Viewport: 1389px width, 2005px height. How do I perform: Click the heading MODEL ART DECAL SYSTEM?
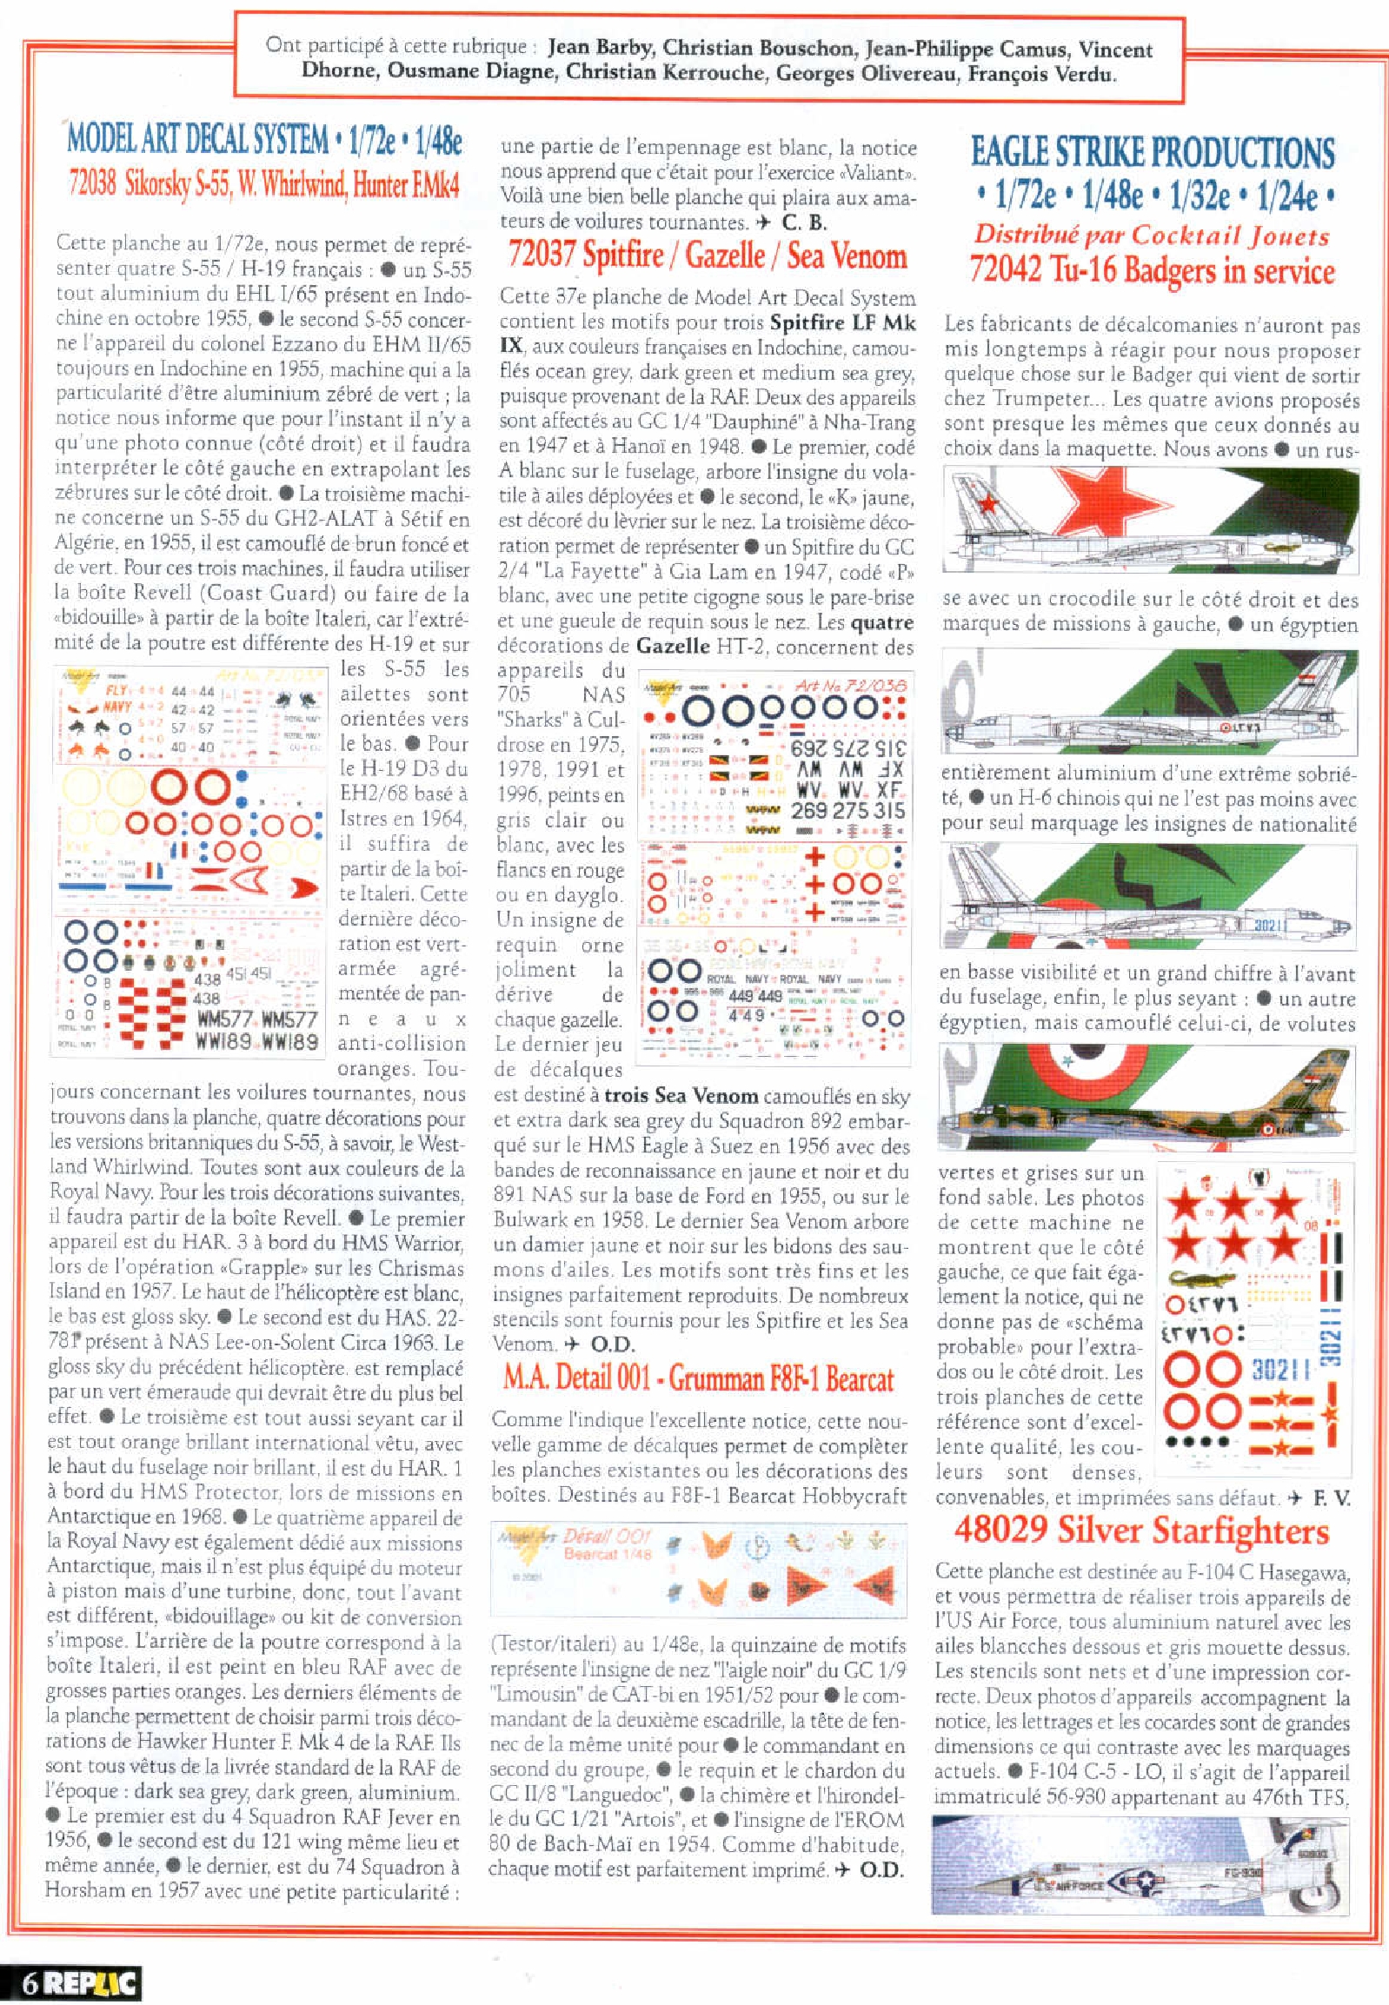click(x=197, y=139)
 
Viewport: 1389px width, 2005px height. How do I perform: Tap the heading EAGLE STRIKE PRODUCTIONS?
click(x=1153, y=152)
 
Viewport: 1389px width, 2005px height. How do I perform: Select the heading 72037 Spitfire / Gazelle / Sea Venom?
click(x=707, y=256)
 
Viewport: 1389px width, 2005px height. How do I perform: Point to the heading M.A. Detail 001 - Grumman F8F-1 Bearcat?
click(x=698, y=1379)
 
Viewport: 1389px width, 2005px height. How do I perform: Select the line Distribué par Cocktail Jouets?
click(x=1152, y=235)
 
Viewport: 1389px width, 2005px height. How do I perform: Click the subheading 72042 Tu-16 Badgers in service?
click(x=1152, y=270)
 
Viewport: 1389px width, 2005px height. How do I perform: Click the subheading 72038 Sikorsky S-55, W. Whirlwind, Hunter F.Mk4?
click(x=263, y=185)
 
